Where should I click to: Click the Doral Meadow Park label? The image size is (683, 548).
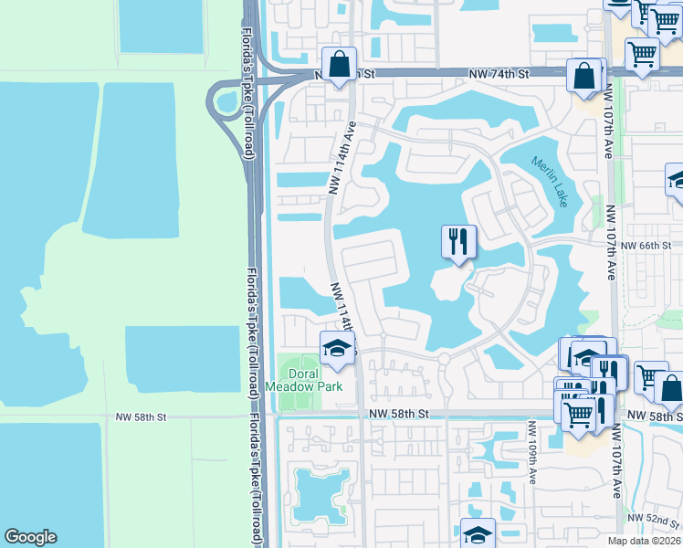click(x=302, y=380)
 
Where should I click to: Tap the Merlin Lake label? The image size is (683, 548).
click(x=549, y=181)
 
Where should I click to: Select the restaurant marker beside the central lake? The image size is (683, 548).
click(x=457, y=243)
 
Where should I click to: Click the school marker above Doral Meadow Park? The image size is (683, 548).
click(x=337, y=348)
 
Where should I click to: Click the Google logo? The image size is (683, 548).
click(x=30, y=537)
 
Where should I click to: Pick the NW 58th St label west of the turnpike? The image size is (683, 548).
click(x=142, y=416)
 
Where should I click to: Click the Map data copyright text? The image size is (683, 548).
click(x=644, y=541)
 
